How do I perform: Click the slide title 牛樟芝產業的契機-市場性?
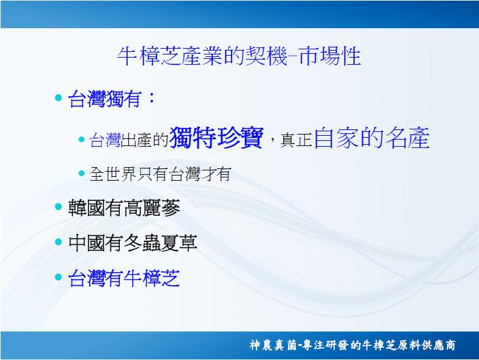point(239,56)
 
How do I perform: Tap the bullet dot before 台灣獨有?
point(58,98)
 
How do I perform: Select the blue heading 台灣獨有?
point(105,99)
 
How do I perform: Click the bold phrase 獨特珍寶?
point(216,138)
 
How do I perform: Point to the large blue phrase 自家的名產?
point(372,138)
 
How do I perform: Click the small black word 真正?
point(296,140)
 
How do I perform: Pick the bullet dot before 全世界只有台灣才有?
point(81,174)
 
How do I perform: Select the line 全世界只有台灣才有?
point(160,174)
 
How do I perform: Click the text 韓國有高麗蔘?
point(124,208)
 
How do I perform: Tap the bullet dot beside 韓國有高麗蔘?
point(58,206)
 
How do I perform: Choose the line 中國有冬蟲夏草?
point(133,243)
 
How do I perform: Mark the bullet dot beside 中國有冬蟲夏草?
point(58,242)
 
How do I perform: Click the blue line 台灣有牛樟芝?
point(124,278)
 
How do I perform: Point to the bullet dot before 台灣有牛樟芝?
point(58,277)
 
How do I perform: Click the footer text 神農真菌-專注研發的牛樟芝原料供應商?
point(353,345)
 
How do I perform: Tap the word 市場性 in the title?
point(330,56)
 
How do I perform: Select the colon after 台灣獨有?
point(151,98)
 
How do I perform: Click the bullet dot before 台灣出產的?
point(81,140)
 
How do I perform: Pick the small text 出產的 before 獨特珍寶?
point(144,140)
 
